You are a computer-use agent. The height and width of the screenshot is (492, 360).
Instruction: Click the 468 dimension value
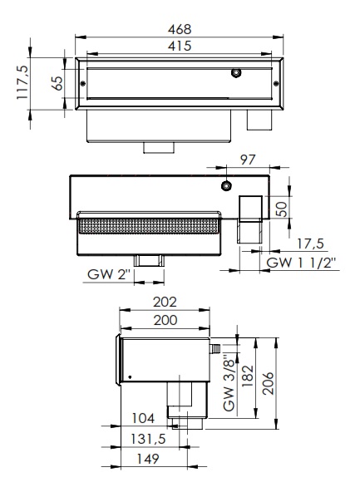[x=180, y=29]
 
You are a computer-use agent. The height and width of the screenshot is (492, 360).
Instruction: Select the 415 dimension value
[x=180, y=46]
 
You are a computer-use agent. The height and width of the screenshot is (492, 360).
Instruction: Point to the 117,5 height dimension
[x=22, y=82]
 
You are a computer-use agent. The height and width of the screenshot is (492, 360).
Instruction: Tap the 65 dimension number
[x=57, y=83]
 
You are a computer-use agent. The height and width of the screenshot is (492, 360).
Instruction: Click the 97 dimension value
[x=248, y=160]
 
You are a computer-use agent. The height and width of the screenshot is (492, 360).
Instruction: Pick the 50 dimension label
[x=281, y=209]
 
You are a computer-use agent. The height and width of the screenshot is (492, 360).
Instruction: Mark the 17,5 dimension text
[x=310, y=244]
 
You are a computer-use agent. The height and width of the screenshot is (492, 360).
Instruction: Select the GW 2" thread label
[x=109, y=274]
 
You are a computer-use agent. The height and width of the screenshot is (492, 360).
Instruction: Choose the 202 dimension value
[x=165, y=302]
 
